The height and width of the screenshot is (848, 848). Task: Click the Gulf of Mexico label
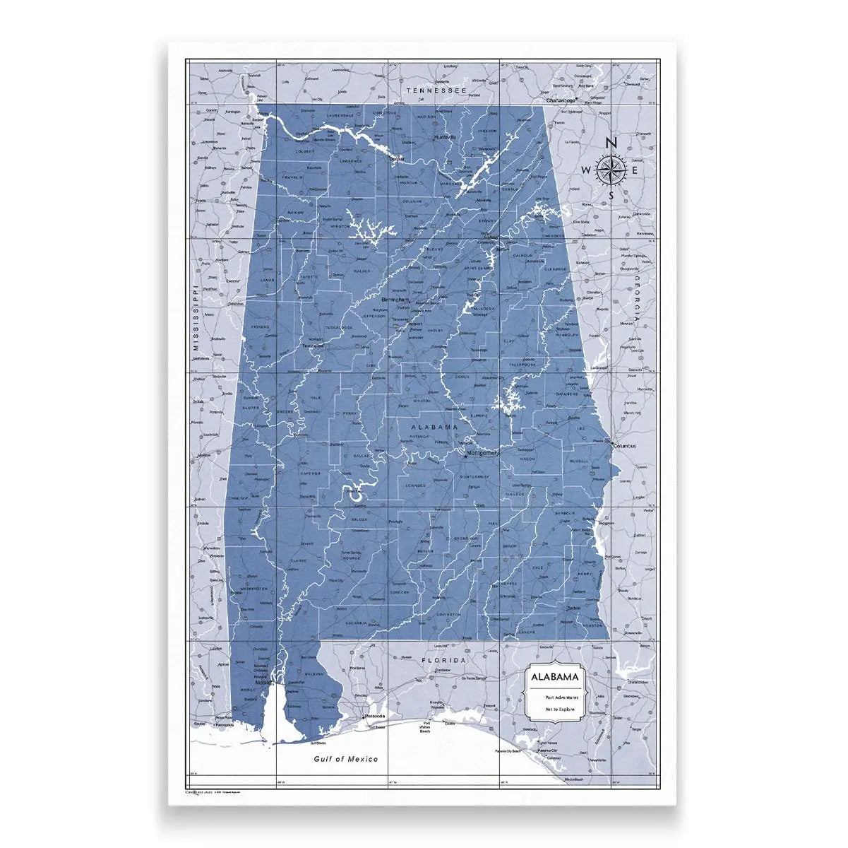click(x=346, y=759)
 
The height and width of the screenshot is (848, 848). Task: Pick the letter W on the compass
click(x=587, y=170)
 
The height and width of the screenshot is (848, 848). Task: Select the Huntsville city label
click(x=446, y=136)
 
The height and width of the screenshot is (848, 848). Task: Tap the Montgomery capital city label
click(x=484, y=452)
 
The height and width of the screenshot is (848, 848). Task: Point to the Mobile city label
click(x=264, y=683)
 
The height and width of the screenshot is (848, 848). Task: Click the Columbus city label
click(x=624, y=447)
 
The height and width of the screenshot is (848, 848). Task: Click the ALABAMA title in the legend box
click(x=555, y=677)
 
